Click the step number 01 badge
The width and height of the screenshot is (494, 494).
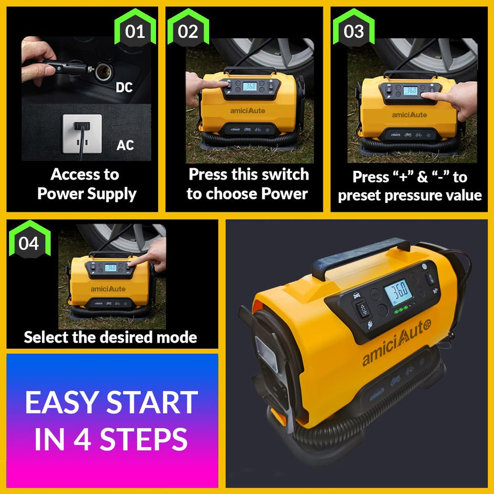pos(135,32)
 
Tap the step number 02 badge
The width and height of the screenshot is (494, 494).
pos(188,32)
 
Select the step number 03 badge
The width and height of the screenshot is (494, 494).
pos(354,32)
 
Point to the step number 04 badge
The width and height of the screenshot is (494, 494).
pos(29,244)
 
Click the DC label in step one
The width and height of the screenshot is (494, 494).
pos(125,87)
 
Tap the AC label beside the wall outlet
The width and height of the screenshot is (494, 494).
pos(125,145)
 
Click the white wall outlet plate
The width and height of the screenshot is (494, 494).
pos(82,133)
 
